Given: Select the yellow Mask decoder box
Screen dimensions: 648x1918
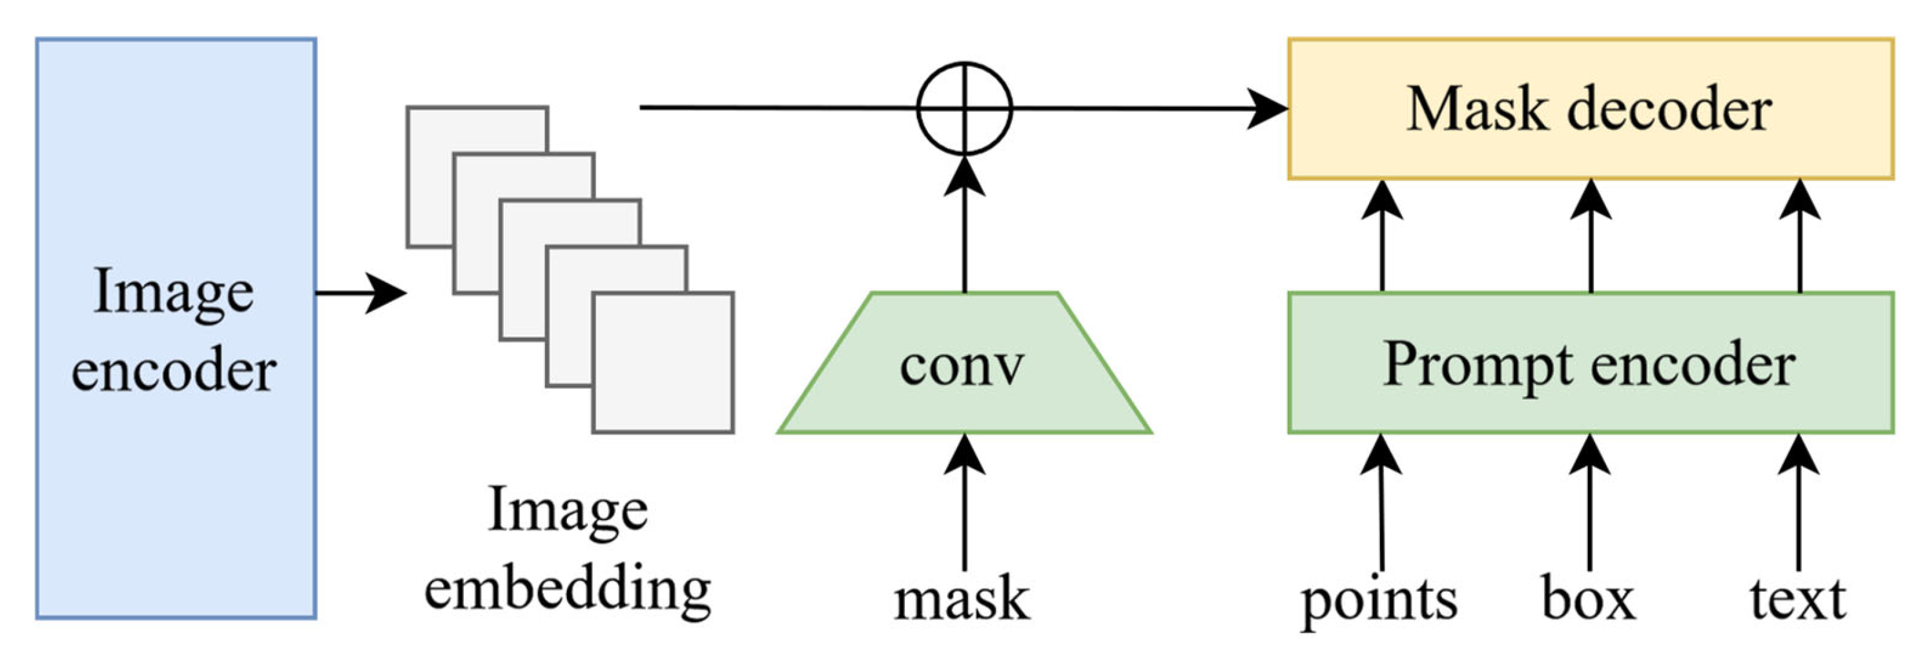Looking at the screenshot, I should [x=1590, y=109].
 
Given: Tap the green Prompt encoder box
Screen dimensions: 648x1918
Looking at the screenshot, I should [x=1590, y=362].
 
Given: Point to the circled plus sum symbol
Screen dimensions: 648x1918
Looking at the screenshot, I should [x=964, y=109].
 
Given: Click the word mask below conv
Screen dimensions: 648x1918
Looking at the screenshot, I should [x=962, y=598].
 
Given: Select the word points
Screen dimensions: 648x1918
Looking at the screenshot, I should [x=1379, y=600].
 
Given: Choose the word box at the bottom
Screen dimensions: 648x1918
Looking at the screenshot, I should [x=1589, y=598].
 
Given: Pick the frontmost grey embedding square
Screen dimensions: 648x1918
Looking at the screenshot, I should [x=663, y=362].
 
